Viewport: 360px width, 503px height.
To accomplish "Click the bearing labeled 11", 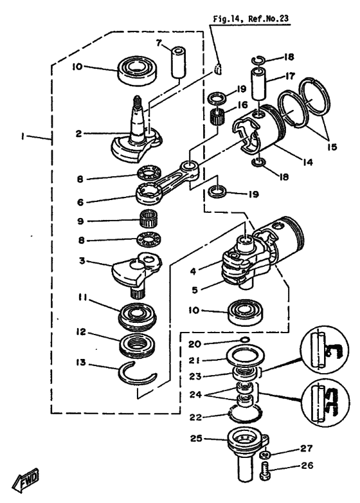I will (x=139, y=316).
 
